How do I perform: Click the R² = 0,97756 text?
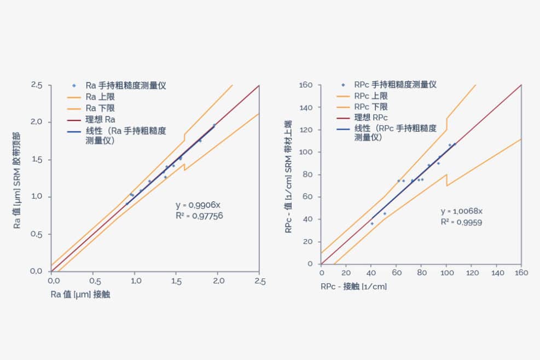pos(199,216)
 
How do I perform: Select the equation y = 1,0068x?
pos(461,211)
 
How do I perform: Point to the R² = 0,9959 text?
pos(461,222)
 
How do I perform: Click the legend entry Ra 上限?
pos(100,97)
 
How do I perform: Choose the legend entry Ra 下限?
pos(100,108)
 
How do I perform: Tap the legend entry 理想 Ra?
pos(100,119)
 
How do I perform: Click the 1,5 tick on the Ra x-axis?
pos(177,281)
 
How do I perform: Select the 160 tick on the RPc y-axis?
pos(306,85)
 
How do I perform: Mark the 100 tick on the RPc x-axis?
pos(446,272)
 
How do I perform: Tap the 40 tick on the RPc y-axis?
pos(308,219)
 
